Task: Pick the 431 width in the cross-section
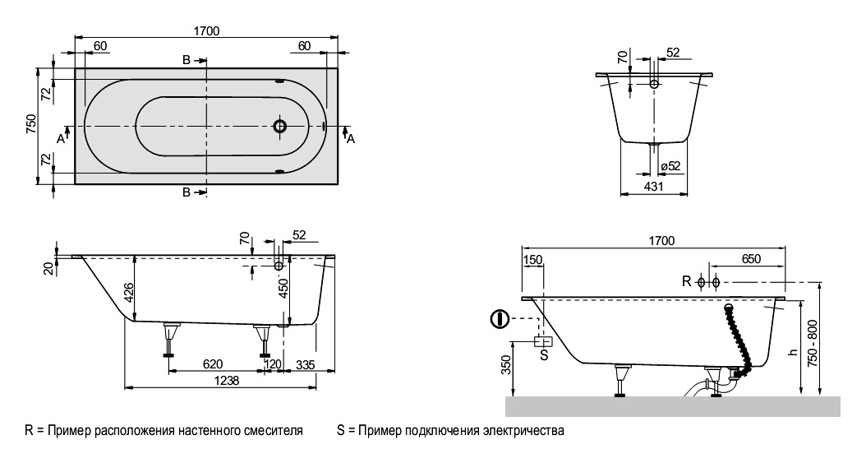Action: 652,188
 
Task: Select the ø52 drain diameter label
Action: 670,167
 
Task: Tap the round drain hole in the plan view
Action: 280,127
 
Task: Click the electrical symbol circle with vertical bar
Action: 498,318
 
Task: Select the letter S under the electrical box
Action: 542,355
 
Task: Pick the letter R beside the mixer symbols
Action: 687,282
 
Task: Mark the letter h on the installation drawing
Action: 792,351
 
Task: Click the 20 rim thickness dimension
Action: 48,266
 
